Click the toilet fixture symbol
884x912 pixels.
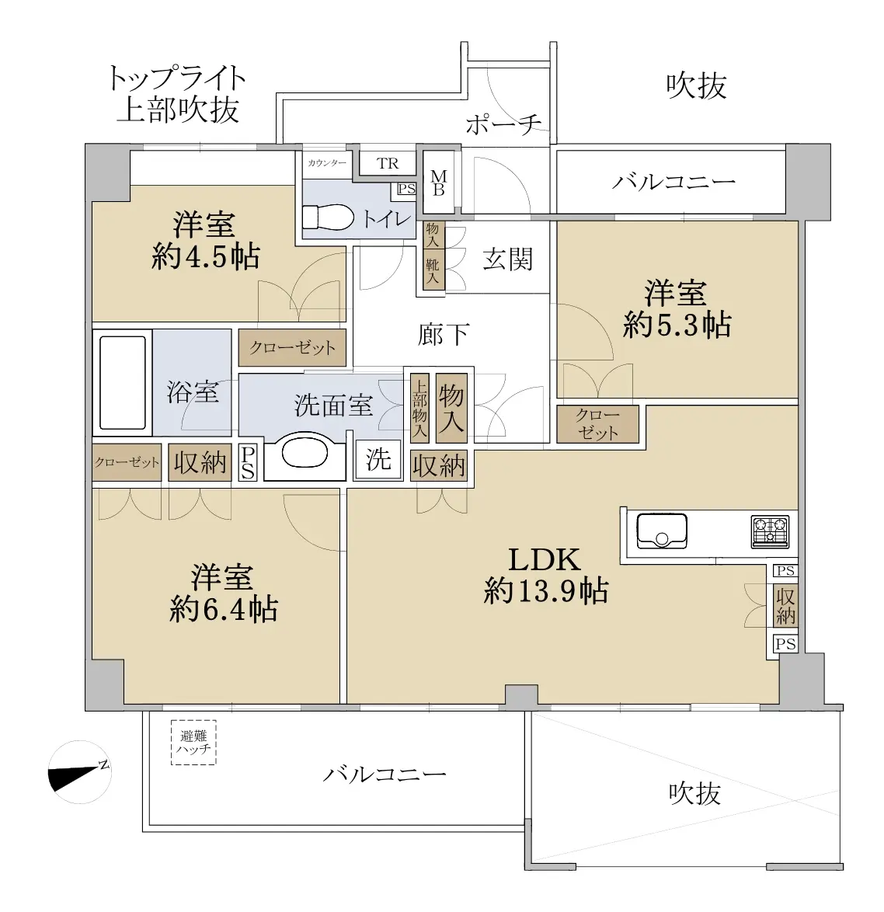328,218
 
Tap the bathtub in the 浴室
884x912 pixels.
122,382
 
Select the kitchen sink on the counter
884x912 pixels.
662,531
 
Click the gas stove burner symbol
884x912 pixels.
770,531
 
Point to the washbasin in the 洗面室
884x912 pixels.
305,451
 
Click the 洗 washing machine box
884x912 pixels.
378,460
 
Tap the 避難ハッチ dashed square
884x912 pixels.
193,743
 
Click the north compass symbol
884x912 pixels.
80,772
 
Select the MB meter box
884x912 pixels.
439,182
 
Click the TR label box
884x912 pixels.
388,163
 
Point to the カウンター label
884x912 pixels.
327,163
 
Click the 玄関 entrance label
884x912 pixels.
508,259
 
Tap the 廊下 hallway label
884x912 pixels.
443,335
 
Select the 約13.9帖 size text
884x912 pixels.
545,591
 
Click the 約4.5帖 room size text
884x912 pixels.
205,256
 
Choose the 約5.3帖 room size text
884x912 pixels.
677,325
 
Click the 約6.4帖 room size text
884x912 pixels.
223,610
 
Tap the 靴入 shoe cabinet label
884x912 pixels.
432,271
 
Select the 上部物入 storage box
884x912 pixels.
419,408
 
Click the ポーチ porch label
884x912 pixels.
503,124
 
